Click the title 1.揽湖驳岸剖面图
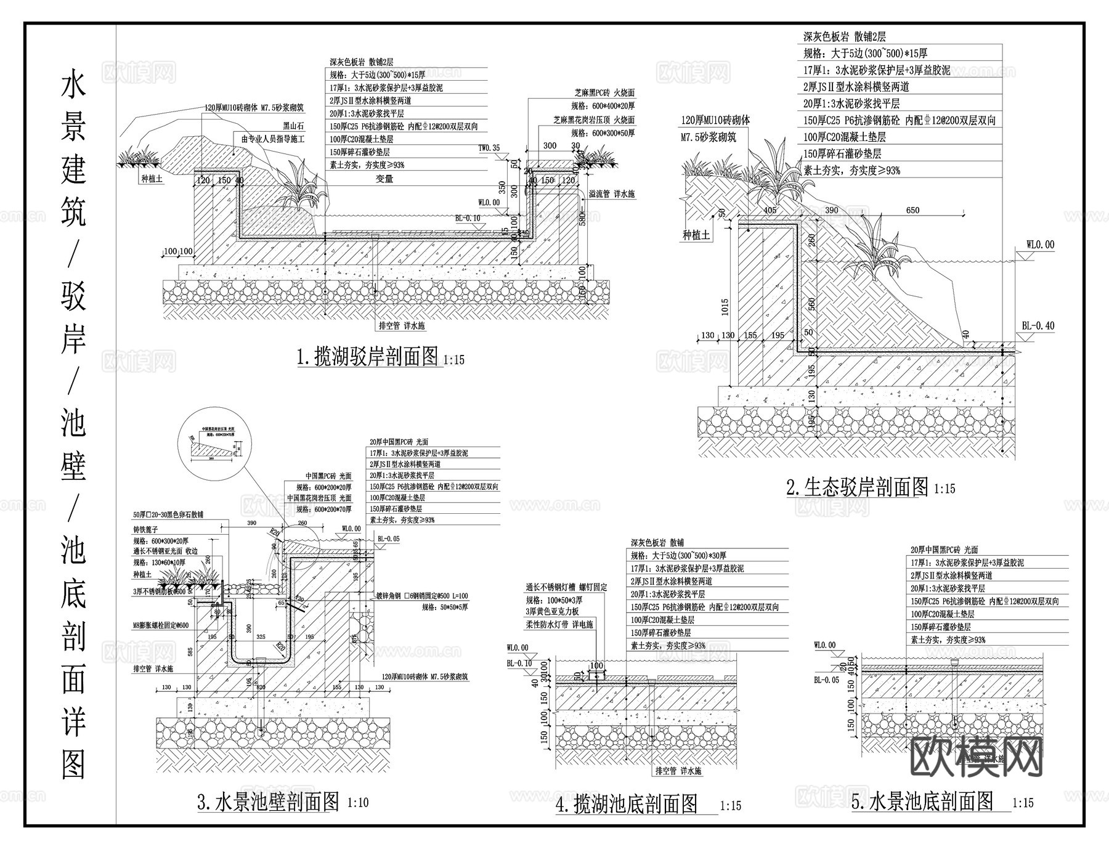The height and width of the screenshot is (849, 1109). [x=368, y=357]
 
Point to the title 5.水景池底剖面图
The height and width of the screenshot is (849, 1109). [x=922, y=802]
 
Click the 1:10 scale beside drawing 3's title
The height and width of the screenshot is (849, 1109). [x=358, y=803]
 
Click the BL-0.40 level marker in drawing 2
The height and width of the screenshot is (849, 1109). [x=1038, y=326]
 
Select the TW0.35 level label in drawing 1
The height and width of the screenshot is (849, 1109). [x=489, y=148]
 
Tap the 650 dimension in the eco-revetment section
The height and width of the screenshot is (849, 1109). [x=912, y=210]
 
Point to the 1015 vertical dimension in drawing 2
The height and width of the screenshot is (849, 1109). [x=725, y=307]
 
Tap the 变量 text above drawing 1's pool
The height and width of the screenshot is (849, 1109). [x=384, y=179]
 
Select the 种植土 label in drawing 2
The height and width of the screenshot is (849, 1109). [x=696, y=235]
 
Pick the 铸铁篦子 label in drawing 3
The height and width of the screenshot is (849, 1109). [x=146, y=529]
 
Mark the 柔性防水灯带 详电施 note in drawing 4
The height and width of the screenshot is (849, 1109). [x=559, y=625]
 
